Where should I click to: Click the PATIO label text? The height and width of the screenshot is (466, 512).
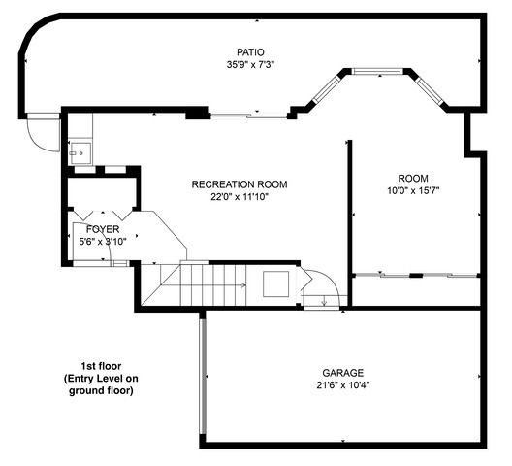(x=250, y=52)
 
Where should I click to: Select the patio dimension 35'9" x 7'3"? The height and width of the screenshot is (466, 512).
(x=250, y=65)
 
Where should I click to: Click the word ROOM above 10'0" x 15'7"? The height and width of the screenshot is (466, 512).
(x=412, y=178)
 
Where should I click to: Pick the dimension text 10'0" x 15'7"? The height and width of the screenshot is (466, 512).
(x=412, y=190)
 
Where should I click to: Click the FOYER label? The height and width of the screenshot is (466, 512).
(x=102, y=229)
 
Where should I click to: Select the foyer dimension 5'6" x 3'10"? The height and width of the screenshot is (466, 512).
(x=102, y=241)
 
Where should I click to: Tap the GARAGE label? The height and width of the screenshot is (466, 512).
(x=343, y=373)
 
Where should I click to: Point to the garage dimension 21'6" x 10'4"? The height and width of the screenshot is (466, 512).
(x=343, y=384)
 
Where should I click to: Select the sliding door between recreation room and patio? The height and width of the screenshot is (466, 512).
(x=248, y=116)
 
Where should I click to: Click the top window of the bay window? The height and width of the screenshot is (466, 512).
(x=376, y=70)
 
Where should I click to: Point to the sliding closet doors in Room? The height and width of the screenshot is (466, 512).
(x=415, y=276)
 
